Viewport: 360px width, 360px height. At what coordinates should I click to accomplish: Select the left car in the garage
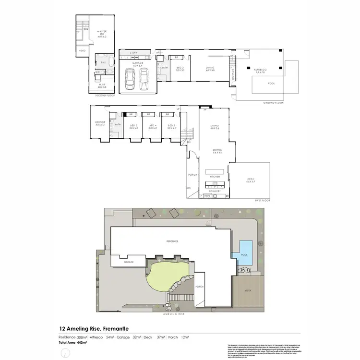pos(130,79)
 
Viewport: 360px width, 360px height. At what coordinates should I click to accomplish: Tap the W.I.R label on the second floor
pos(101,86)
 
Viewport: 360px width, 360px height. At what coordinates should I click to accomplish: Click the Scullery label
pos(215,191)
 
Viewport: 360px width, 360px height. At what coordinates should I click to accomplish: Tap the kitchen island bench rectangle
pos(215,171)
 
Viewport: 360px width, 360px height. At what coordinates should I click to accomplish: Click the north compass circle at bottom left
pos(63,354)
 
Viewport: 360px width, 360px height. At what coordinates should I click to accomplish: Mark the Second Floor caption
pos(104,96)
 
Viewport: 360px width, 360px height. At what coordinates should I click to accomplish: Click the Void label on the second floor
pos(82,50)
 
